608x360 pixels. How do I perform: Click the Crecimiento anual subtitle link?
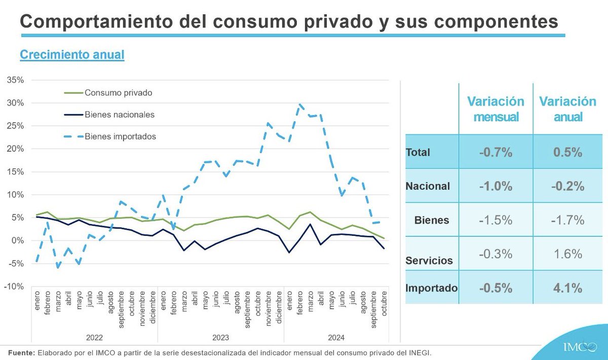[72, 55]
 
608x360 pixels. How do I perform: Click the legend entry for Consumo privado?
[119, 93]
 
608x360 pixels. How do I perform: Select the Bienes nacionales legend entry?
[120, 115]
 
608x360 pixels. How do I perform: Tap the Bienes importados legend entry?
[120, 136]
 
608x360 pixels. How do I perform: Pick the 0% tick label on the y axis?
[19, 240]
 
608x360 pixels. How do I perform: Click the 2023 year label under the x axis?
[221, 337]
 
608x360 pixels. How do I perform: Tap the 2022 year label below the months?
[95, 337]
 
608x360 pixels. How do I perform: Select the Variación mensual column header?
[496, 109]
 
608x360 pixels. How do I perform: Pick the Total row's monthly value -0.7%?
[496, 152]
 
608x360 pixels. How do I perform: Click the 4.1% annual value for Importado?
[567, 287]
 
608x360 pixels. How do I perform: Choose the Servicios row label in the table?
[429, 261]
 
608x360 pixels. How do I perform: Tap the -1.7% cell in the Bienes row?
[567, 220]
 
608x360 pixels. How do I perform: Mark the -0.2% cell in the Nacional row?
[567, 186]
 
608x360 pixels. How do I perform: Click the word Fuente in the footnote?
[22, 352]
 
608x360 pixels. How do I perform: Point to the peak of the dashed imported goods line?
[300, 104]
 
